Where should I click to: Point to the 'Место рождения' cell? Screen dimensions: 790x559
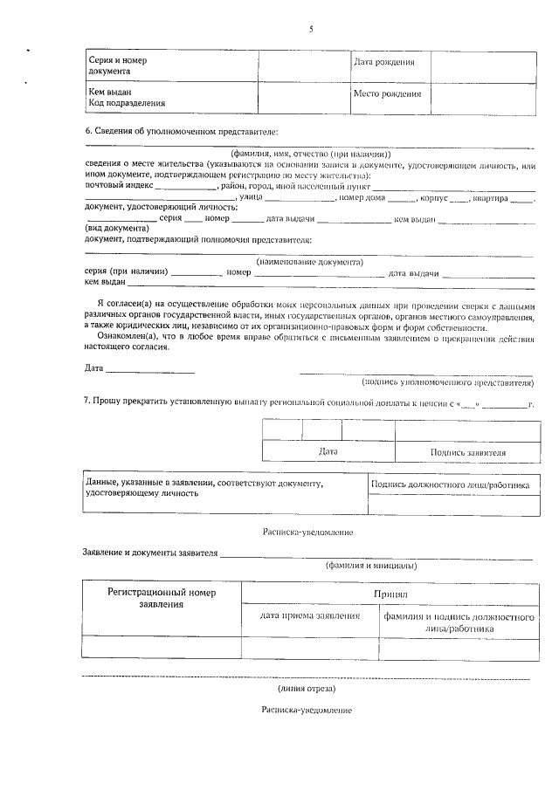387,93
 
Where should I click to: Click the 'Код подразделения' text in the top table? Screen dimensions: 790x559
127,104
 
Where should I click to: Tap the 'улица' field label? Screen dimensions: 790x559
251,198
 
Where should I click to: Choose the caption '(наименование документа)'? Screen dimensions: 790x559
309,261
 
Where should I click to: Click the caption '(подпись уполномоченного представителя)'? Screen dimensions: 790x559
446,381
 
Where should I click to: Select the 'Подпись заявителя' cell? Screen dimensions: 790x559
468,452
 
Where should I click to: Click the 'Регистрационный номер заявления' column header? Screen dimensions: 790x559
161,598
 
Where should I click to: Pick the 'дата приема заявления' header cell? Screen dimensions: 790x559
310,616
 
